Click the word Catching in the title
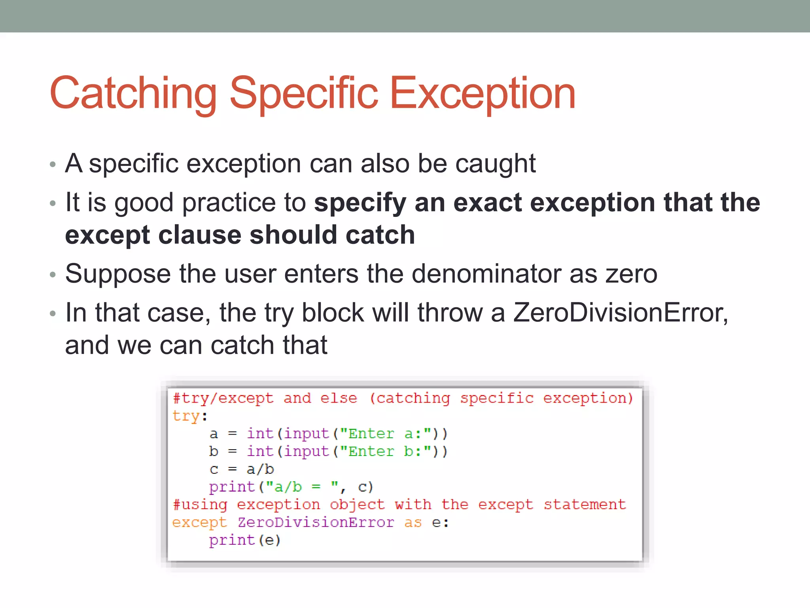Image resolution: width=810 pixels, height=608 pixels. click(x=133, y=93)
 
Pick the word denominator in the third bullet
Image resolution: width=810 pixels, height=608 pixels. click(x=486, y=274)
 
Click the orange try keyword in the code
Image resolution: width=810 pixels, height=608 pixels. click(x=186, y=416)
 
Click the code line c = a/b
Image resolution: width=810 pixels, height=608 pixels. click(x=241, y=469)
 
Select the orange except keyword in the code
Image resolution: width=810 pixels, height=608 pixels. click(x=200, y=523)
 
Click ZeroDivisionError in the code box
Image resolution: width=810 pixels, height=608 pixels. click(x=316, y=522)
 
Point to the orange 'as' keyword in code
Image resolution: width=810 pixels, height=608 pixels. click(x=413, y=523)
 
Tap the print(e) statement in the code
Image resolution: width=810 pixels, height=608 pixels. click(x=244, y=540)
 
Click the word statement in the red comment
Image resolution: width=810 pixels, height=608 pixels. click(x=585, y=505)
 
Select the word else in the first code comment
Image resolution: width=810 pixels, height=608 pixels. click(x=339, y=398)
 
